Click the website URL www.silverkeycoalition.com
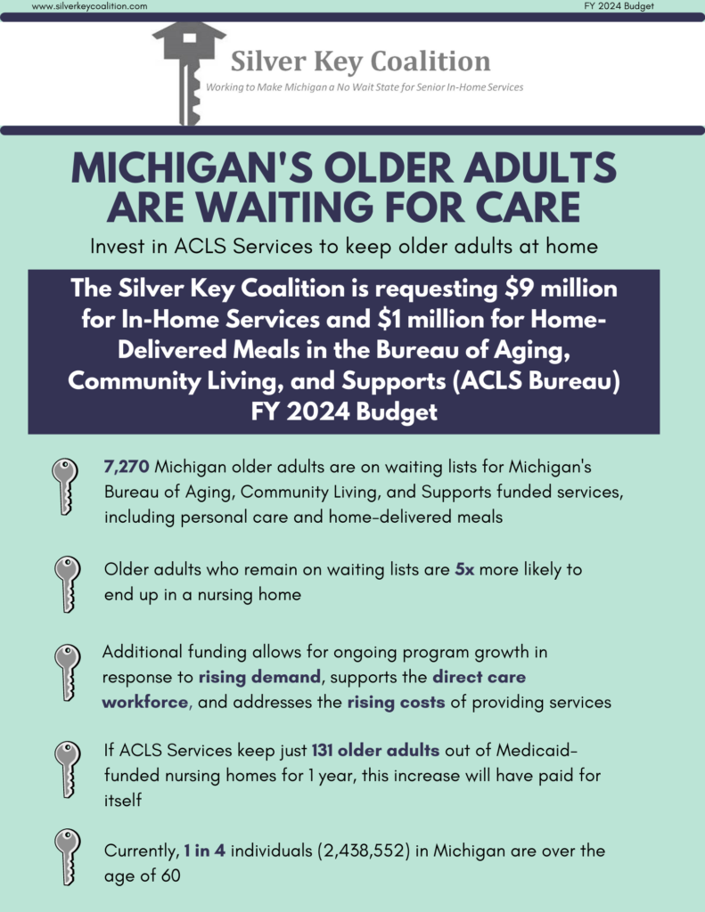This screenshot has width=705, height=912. [90, 6]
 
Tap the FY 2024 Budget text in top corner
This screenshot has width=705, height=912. [619, 6]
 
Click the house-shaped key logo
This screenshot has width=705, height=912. [189, 73]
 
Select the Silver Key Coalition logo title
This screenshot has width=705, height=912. [360, 61]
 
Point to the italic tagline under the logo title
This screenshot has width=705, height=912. [365, 87]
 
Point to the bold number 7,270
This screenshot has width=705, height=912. [127, 467]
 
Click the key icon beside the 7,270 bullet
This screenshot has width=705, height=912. [65, 485]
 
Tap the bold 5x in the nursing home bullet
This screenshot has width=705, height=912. [464, 569]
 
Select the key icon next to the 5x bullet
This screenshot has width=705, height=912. [67, 584]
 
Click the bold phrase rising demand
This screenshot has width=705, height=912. [259, 677]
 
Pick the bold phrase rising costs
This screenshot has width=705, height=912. [397, 702]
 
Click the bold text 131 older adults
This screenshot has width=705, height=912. [375, 750]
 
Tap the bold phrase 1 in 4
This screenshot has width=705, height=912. [204, 851]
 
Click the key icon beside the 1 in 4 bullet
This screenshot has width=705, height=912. [67, 857]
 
